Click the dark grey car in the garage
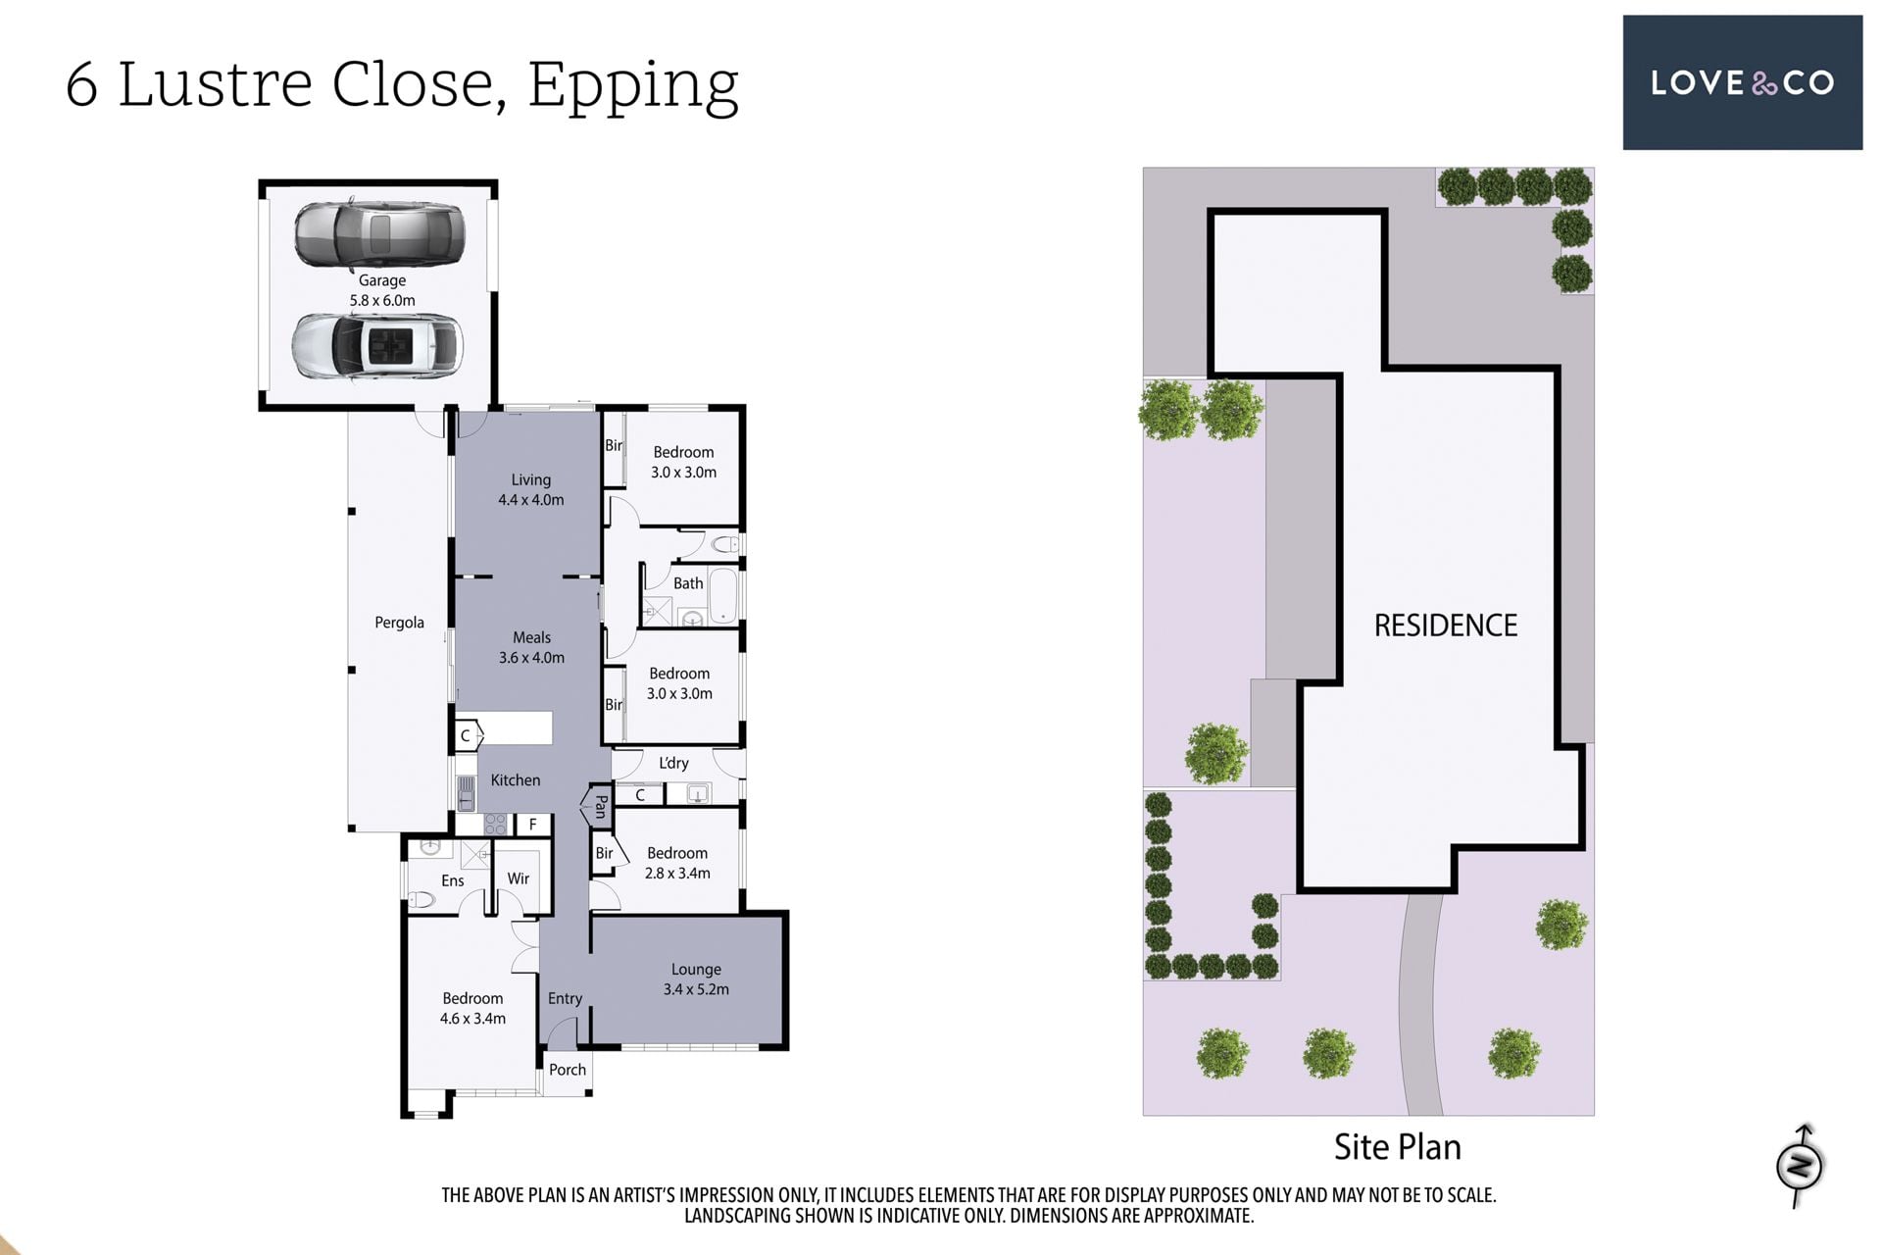[378, 234]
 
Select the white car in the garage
[377, 345]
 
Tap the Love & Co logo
[1742, 82]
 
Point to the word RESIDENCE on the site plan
[1445, 626]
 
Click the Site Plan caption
[1397, 1147]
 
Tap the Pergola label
[399, 623]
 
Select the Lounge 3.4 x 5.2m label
[696, 979]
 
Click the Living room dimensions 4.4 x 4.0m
[530, 500]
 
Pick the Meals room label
[531, 637]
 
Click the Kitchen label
[515, 780]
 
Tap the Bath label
[688, 583]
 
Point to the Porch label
[568, 1070]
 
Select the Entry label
[565, 998]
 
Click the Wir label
[518, 878]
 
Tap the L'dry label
[673, 763]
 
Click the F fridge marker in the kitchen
[532, 825]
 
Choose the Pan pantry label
[601, 806]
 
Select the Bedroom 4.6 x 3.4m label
[472, 1008]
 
